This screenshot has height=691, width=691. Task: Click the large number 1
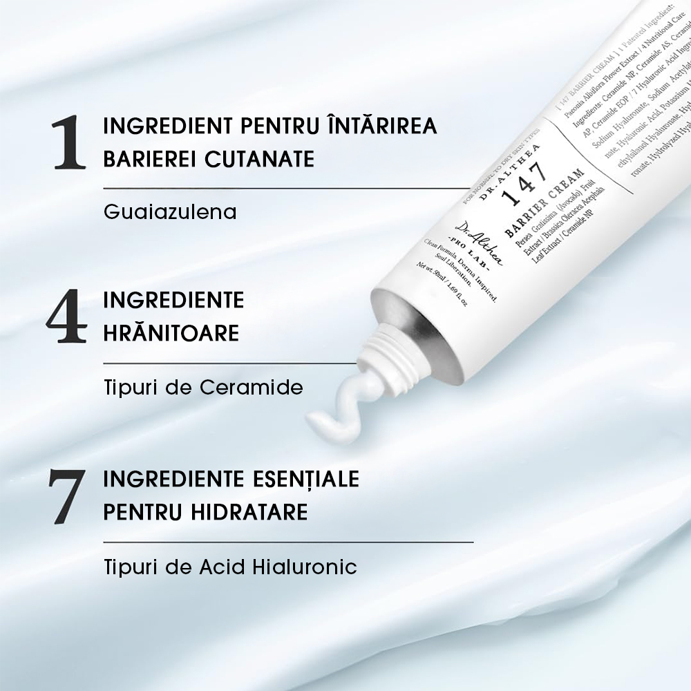[70, 143]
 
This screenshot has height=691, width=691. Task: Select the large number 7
[67, 496]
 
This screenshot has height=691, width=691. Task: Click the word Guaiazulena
[170, 211]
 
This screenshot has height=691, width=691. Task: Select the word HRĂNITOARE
[171, 333]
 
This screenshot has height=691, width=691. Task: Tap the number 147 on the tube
[524, 182]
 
